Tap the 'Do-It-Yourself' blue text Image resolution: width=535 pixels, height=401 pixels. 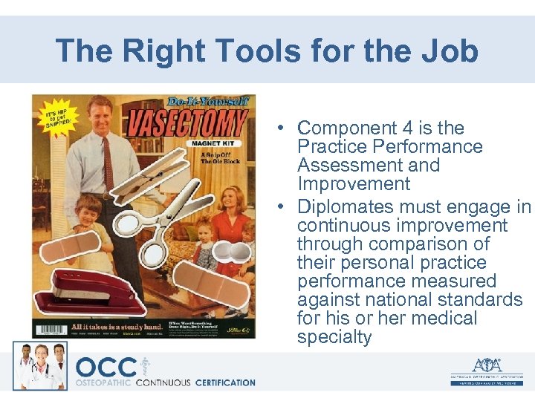tap(208, 100)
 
